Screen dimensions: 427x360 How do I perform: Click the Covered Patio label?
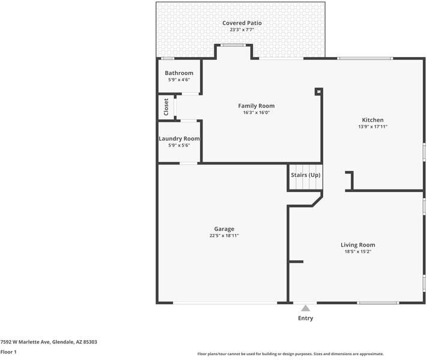(242, 23)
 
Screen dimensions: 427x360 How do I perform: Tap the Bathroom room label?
(179, 73)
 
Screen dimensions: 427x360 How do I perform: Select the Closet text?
(166, 107)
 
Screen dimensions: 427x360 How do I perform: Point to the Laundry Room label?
(179, 139)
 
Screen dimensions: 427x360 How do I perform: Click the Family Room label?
(256, 106)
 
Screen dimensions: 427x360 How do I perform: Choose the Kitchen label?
(372, 120)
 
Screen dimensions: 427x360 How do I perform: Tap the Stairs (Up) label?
(306, 175)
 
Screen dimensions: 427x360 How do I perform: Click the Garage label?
(224, 229)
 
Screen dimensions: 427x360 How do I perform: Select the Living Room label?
(358, 245)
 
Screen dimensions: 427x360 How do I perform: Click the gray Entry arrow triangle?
(306, 308)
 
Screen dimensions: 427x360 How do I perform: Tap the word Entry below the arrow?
(306, 318)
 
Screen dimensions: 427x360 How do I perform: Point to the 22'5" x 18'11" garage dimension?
(224, 236)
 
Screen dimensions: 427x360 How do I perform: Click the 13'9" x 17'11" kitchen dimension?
(373, 127)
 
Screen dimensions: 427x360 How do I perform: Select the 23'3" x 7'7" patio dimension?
(242, 29)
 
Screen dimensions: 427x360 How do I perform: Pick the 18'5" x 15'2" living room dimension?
(358, 251)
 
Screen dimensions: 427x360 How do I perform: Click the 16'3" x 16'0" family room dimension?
(256, 112)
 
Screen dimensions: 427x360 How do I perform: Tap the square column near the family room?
(319, 91)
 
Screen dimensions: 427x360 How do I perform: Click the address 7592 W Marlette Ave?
(25, 342)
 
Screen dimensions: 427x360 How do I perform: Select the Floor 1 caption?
(8, 352)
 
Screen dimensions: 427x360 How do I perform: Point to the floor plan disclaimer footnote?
(291, 354)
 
